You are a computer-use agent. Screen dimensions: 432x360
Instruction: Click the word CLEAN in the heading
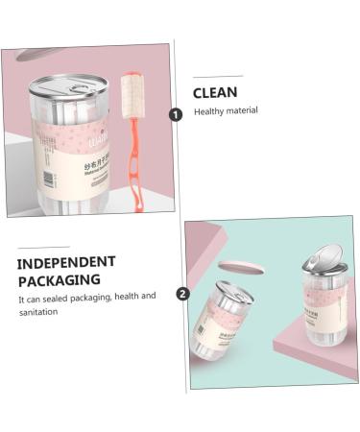(216, 93)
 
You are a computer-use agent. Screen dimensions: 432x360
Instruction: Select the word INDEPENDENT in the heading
(66, 261)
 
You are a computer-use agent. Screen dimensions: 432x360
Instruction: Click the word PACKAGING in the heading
(59, 279)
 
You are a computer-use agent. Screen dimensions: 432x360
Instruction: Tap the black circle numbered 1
(176, 114)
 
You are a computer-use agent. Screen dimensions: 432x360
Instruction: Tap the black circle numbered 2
(182, 294)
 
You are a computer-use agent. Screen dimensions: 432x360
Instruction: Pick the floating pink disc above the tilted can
(235, 266)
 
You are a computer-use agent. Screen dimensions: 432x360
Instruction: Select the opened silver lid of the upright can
(324, 257)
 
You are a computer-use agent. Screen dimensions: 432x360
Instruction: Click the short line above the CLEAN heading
(218, 76)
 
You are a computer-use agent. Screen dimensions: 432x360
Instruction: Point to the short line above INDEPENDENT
(43, 247)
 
